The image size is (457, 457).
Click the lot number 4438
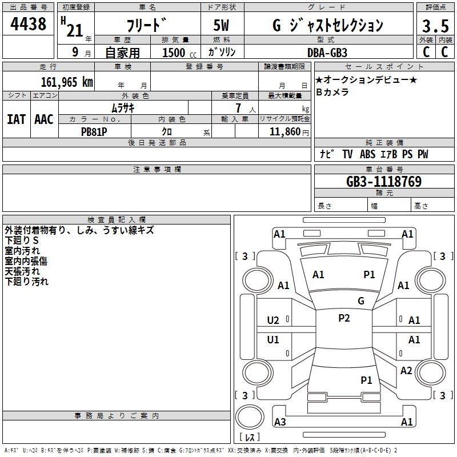click(x=28, y=24)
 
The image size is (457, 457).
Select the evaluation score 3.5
click(x=434, y=27)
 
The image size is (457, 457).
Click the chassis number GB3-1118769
click(x=384, y=182)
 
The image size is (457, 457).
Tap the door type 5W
click(x=222, y=26)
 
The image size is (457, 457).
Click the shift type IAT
click(x=16, y=119)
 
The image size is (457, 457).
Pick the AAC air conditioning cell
click(x=43, y=119)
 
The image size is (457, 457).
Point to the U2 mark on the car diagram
click(x=273, y=320)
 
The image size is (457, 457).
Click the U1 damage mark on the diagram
click(x=273, y=340)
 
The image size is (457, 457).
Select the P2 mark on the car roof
click(x=344, y=318)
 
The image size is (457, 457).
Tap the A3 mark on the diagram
click(x=280, y=422)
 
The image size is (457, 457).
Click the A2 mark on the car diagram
click(x=406, y=371)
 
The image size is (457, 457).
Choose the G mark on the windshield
click(x=361, y=300)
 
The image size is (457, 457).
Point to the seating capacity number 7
click(x=236, y=108)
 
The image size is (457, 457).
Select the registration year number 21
click(x=75, y=30)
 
